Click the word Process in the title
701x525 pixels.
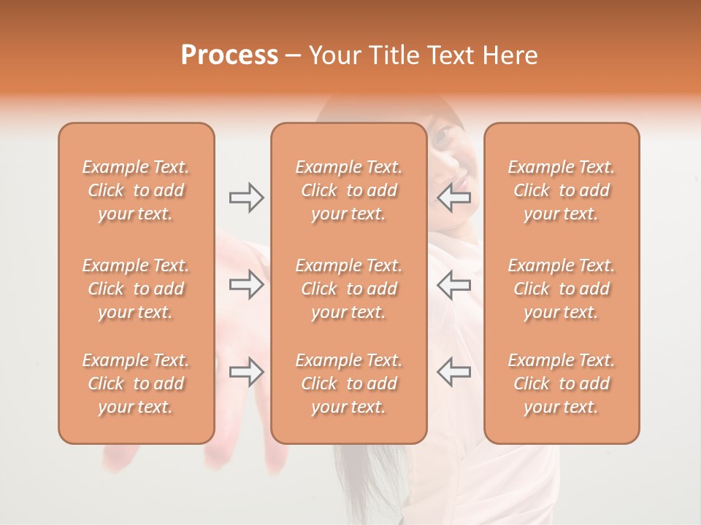229,55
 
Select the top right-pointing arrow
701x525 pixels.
246,198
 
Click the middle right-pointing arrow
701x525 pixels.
246,284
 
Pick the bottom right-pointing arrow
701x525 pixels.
246,372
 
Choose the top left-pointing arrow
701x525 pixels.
454,198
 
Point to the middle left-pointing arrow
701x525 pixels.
454,284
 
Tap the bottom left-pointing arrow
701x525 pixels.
454,372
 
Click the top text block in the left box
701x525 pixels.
136,190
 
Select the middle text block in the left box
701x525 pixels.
136,289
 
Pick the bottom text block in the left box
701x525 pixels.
136,384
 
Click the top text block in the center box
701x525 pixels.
348,190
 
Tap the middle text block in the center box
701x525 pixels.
348,289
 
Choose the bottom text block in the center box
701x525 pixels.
348,384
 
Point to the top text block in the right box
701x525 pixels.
562,190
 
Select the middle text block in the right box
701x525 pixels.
562,289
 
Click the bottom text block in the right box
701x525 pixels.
562,384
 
